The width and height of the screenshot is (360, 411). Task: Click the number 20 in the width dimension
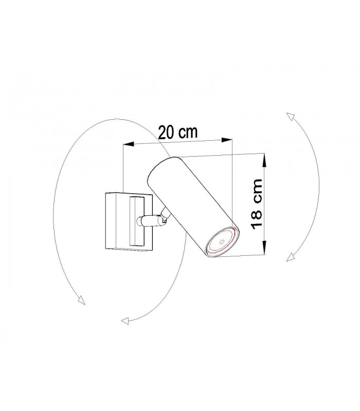point(167,133)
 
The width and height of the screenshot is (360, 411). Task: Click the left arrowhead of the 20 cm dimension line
point(129,144)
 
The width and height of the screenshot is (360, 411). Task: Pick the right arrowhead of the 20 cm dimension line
point(227,140)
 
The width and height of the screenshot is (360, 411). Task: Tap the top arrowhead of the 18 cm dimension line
point(264,161)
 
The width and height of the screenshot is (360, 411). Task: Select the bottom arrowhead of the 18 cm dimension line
point(264,248)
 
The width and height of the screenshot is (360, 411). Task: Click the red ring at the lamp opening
point(222,241)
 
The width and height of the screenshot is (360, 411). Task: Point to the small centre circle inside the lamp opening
point(222,241)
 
